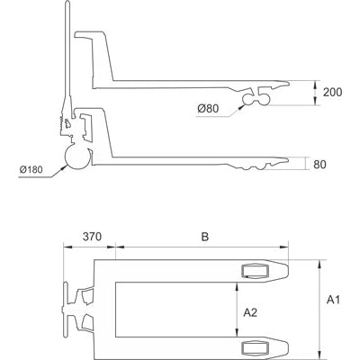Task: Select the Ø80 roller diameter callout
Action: point(209,110)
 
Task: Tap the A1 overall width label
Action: point(334,298)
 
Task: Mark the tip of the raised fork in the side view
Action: point(288,83)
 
